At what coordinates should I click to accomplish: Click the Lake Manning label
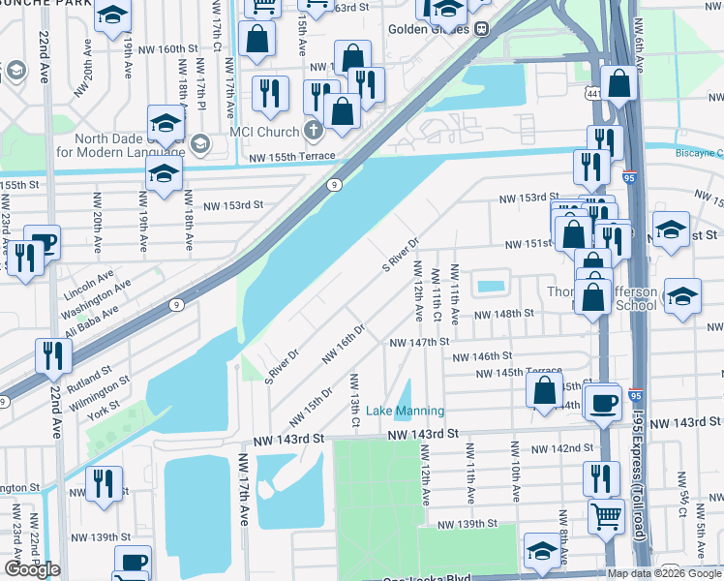(406, 411)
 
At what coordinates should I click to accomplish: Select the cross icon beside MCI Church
(312, 130)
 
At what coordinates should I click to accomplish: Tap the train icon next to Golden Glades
(481, 28)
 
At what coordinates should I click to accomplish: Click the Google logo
(32, 569)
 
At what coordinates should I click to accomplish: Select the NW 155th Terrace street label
(291, 157)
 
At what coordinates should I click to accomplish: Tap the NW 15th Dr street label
(312, 408)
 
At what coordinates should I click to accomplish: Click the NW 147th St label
(419, 342)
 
